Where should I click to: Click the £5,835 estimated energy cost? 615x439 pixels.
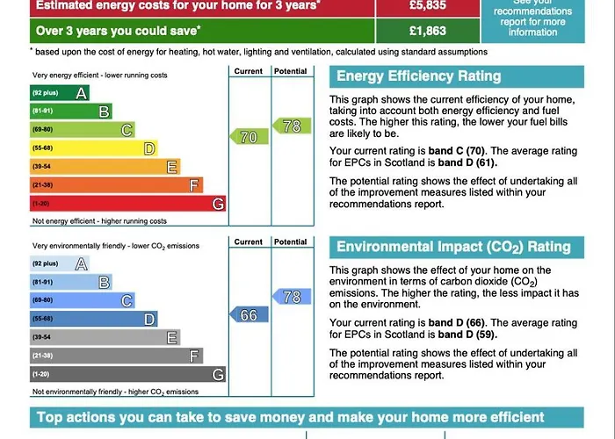click(x=428, y=5)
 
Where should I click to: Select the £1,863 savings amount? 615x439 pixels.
click(x=427, y=31)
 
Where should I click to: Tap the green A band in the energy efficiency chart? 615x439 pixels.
click(x=60, y=93)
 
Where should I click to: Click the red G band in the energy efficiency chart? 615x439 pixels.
click(x=127, y=204)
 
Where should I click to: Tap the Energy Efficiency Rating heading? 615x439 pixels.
click(x=418, y=76)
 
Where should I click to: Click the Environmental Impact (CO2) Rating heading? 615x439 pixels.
click(x=453, y=247)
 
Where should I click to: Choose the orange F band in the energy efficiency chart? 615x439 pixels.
click(x=116, y=185)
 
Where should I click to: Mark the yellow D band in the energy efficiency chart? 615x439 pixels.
click(x=93, y=148)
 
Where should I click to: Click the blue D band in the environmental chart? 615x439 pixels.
click(x=93, y=319)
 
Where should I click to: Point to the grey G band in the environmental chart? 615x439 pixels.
click(x=127, y=374)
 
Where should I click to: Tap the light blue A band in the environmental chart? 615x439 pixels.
click(x=60, y=263)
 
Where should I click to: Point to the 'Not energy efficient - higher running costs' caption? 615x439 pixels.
click(x=99, y=221)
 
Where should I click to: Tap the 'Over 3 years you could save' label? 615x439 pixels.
click(x=118, y=31)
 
